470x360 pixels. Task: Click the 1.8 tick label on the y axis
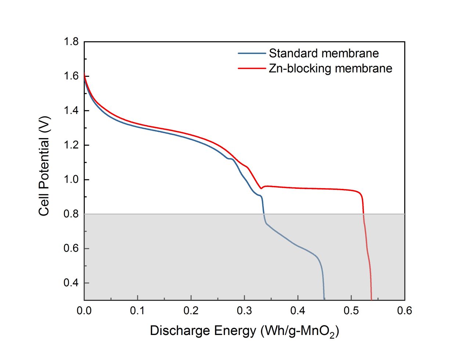pos(71,42)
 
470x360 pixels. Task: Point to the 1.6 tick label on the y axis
pos(71,76)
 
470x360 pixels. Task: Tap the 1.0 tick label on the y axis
pos(71,180)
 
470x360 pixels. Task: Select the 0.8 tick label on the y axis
pos(71,214)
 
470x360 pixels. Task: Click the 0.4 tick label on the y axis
pos(71,283)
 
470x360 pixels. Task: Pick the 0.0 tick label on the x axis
pos(84,311)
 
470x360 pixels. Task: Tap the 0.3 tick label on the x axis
pos(244,311)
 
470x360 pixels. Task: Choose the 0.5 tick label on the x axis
pos(351,311)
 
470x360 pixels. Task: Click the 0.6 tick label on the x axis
pos(404,311)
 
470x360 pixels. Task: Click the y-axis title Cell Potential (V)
pos(44,166)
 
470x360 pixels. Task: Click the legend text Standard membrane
pos(323,53)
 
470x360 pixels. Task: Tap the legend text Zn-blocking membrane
pos(330,68)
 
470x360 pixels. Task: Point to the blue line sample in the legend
pos(252,53)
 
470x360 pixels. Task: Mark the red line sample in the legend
pos(252,68)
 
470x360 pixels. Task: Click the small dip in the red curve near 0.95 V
pos(261,188)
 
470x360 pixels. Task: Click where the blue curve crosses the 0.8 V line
pos(264,214)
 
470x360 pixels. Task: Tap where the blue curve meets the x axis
pos(324,299)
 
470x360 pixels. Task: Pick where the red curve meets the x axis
pos(371,299)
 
